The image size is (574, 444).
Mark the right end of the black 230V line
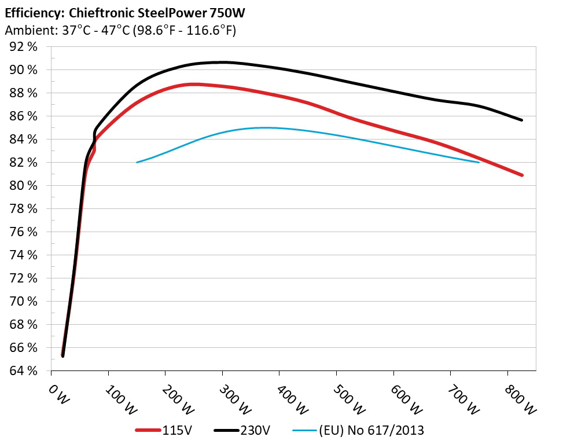coord(522,120)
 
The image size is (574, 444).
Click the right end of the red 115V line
coord(522,175)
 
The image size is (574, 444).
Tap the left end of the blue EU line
coord(137,162)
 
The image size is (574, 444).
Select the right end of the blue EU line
coord(479,162)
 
